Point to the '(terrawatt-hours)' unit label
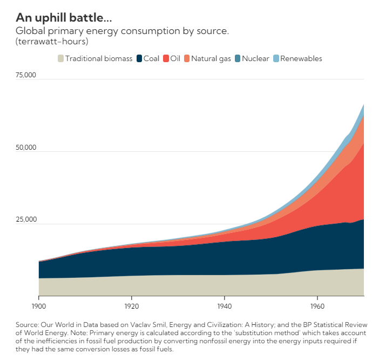coord(52,41)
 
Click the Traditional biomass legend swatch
coord(60,58)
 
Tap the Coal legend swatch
coord(139,58)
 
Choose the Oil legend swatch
coord(166,58)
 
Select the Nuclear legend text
coord(255,58)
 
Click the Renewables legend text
coord(301,58)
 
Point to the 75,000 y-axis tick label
coord(25,75)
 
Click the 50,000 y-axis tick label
coord(25,147)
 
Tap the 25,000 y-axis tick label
coord(25,219)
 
